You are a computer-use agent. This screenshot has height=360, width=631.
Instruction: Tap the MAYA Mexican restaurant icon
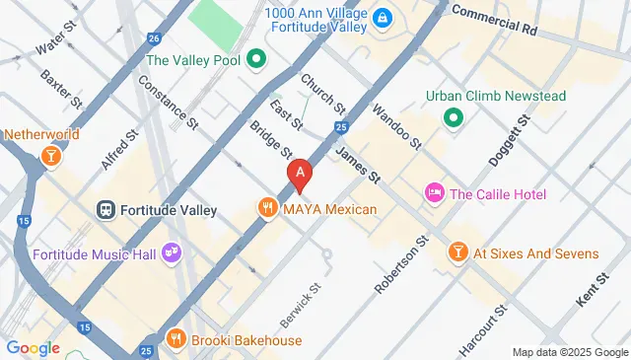tap(266, 208)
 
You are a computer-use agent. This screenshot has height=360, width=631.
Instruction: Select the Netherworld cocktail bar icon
tap(49, 155)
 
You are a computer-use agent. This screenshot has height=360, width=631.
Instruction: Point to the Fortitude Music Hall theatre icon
tap(173, 253)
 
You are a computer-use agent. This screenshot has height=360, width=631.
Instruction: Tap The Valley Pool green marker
tap(255, 60)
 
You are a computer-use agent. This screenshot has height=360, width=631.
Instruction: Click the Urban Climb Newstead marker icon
tap(454, 118)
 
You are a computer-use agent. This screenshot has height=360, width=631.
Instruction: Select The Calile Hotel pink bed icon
tap(434, 193)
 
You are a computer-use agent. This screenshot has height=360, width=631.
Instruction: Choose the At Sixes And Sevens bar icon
tap(457, 252)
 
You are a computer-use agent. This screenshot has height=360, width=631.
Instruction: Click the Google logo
tap(33, 347)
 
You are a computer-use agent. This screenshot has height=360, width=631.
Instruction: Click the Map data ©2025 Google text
tap(569, 352)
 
